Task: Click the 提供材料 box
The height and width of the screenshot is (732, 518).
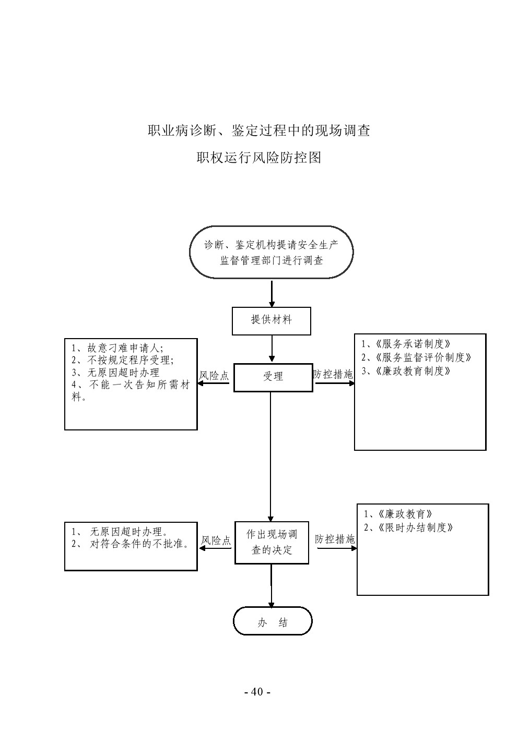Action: pos(271,320)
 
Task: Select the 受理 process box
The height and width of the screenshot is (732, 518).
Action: pos(273,377)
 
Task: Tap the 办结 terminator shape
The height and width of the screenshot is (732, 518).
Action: pos(272,621)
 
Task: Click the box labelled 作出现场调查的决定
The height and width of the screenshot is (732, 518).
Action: pos(272,543)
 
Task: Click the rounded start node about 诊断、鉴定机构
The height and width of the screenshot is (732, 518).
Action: pos(271,252)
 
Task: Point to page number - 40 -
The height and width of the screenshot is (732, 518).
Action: pos(257,692)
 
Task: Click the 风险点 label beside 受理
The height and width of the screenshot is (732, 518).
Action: pos(214,376)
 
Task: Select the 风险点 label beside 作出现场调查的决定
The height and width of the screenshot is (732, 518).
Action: pos(216,541)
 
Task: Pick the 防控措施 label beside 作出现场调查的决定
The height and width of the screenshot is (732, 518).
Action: pos(335,539)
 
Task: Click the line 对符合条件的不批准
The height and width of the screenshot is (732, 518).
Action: pos(139,544)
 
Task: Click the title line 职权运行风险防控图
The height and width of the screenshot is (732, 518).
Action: pos(258,158)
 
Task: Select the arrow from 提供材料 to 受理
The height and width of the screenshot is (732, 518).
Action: pos(272,349)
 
